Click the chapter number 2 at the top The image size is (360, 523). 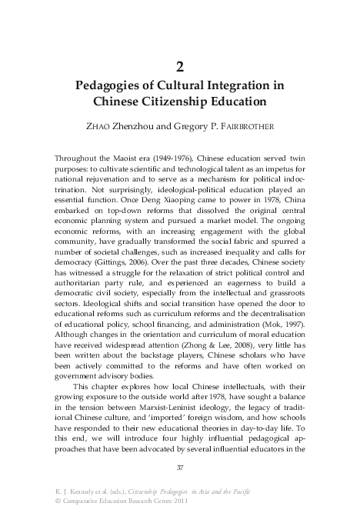(x=180, y=65)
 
